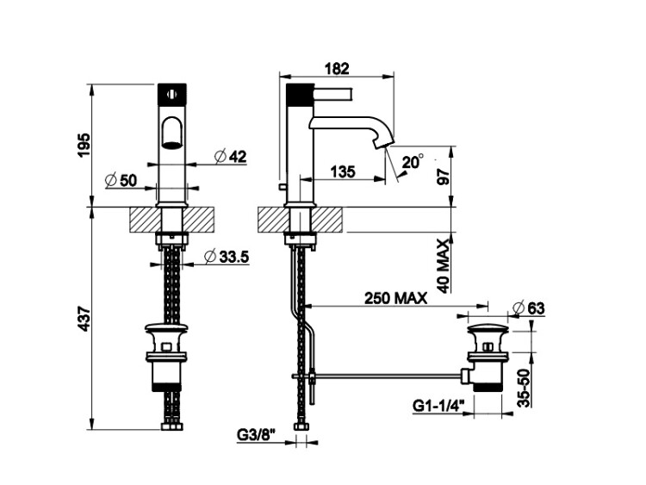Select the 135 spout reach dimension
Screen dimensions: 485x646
pyautogui.click(x=343, y=171)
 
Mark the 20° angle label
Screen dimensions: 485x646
pyautogui.click(x=413, y=161)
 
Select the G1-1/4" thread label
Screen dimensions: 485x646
pyautogui.click(x=438, y=404)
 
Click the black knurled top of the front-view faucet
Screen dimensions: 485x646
pyautogui.click(x=172, y=92)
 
